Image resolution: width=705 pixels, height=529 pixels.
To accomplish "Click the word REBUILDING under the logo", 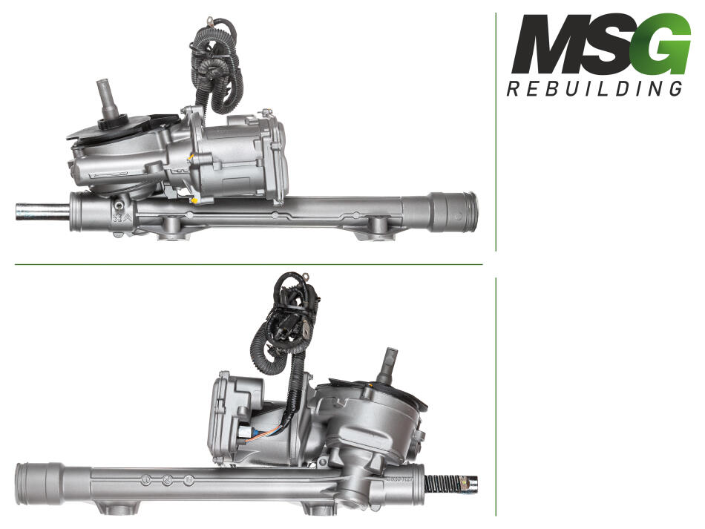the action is click(x=594, y=88).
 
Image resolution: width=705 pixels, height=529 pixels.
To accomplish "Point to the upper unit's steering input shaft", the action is click(x=107, y=102).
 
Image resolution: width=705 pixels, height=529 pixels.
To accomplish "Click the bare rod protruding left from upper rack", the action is click(x=42, y=212).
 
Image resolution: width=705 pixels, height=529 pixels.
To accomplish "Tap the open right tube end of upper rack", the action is click(x=454, y=211).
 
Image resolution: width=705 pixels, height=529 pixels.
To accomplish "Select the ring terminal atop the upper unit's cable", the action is click(x=209, y=21).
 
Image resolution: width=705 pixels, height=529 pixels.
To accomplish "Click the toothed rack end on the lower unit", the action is click(x=450, y=484).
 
